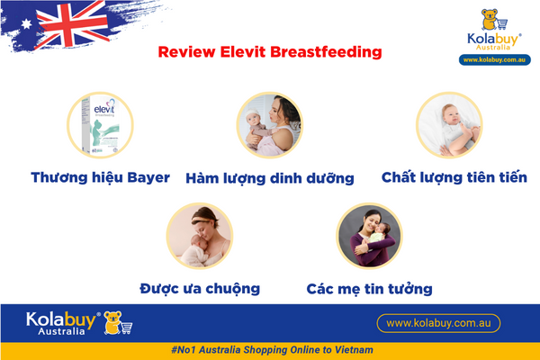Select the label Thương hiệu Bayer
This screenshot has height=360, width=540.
point(100,177)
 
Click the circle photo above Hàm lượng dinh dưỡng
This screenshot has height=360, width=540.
point(268,126)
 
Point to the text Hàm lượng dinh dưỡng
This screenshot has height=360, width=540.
point(269,178)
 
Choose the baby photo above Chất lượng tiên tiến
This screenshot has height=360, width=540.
point(447,126)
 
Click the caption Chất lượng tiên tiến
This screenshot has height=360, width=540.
point(454,177)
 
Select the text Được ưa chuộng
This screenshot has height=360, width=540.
point(200,288)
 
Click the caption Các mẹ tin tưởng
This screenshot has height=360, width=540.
point(369,289)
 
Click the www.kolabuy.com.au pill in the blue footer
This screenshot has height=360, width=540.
point(437,322)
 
